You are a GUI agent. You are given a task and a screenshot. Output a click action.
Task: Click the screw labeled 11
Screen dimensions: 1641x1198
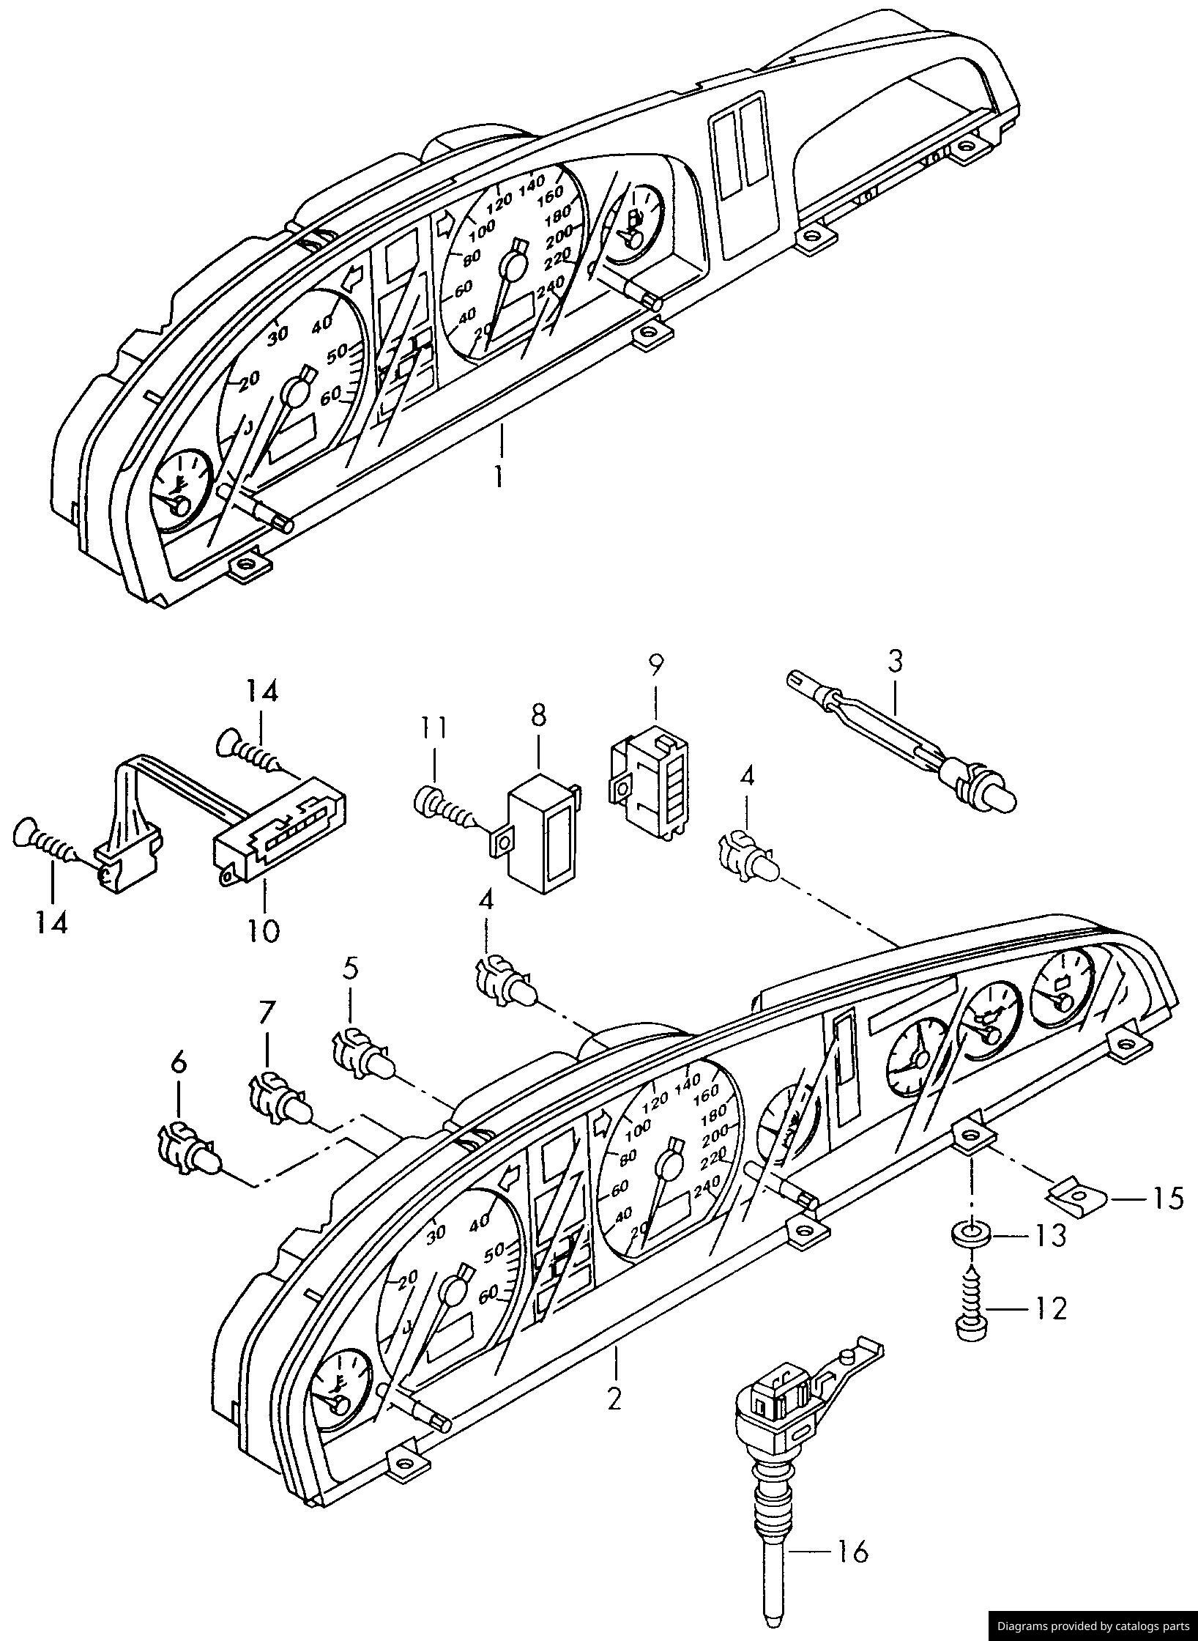pos(443,809)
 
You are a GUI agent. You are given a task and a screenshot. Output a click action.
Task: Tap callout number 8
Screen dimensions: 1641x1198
pos(538,715)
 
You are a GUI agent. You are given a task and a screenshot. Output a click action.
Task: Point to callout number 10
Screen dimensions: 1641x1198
pos(263,930)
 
